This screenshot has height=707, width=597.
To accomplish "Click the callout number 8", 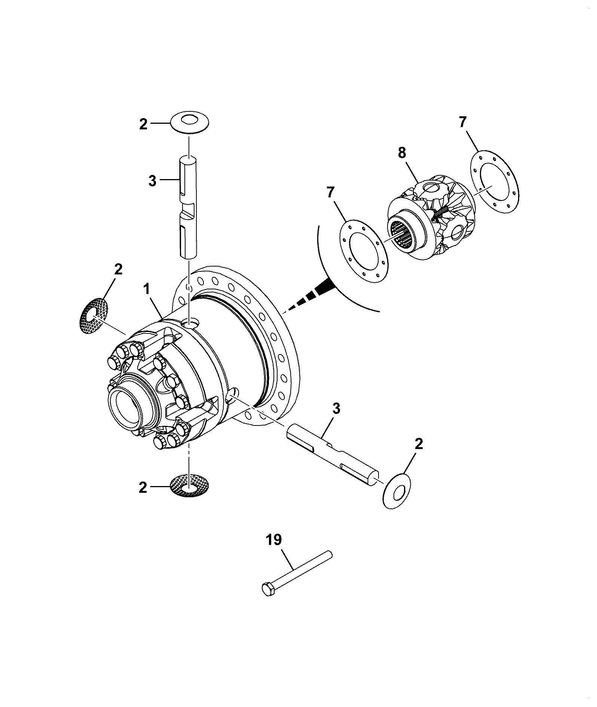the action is pos(402,153).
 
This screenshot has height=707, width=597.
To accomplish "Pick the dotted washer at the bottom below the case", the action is pos(190,486).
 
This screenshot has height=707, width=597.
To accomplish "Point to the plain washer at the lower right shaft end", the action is pos(397,491).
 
